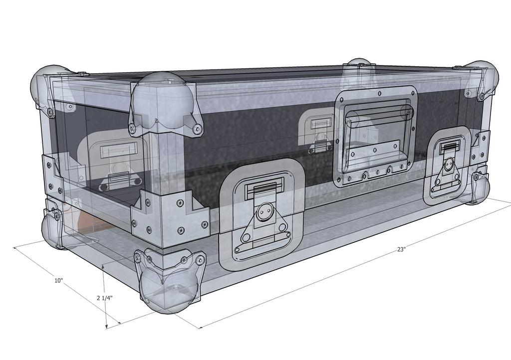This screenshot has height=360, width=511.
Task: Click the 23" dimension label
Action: click(401, 250)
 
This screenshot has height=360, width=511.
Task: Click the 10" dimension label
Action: click(59, 281)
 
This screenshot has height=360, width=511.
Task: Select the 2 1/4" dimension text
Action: click(104, 298)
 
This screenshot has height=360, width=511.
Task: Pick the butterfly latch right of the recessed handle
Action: click(447, 165)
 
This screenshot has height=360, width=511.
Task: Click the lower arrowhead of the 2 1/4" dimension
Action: click(107, 326)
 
